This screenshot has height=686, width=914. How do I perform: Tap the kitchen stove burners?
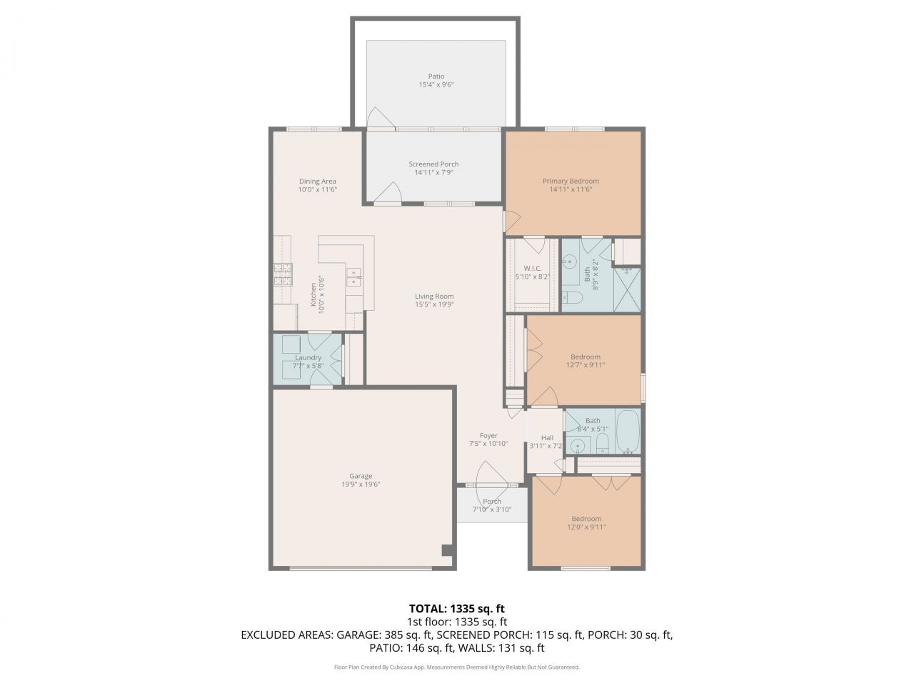pos(282,275)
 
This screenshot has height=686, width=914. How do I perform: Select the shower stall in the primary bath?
pos(627,289)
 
